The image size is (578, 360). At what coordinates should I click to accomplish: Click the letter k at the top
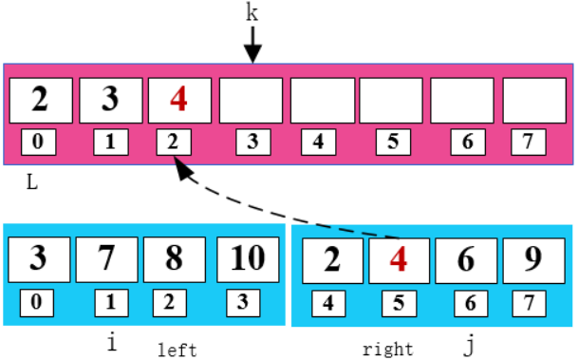(252, 13)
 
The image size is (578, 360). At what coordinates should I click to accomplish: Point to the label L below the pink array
(31, 182)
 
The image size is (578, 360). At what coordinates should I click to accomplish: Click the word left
(177, 350)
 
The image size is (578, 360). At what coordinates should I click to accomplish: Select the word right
(388, 350)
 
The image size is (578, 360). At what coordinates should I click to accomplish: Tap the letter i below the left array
(112, 343)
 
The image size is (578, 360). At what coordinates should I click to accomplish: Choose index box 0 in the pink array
(39, 142)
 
